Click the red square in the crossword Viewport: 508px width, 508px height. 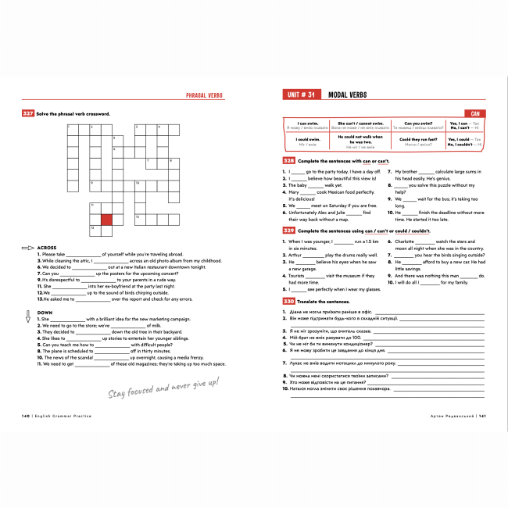(106, 220)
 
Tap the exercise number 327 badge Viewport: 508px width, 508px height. (27, 113)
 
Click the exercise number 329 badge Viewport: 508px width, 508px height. (288, 231)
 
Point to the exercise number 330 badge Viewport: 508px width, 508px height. (288, 301)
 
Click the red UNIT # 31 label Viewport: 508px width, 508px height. (299, 95)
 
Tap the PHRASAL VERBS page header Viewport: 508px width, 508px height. (204, 95)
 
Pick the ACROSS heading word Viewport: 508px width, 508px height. (47, 248)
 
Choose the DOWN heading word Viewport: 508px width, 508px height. (45, 313)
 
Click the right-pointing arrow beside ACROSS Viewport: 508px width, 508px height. (27, 248)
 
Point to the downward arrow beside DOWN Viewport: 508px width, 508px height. (27, 316)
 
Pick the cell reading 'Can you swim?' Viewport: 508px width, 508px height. (412, 124)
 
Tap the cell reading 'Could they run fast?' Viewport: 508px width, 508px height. (412, 141)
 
